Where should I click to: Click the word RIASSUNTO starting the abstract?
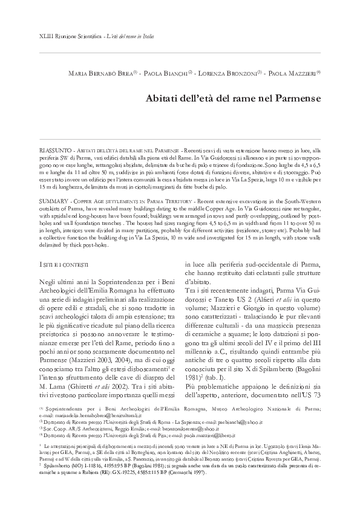[54, 149]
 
